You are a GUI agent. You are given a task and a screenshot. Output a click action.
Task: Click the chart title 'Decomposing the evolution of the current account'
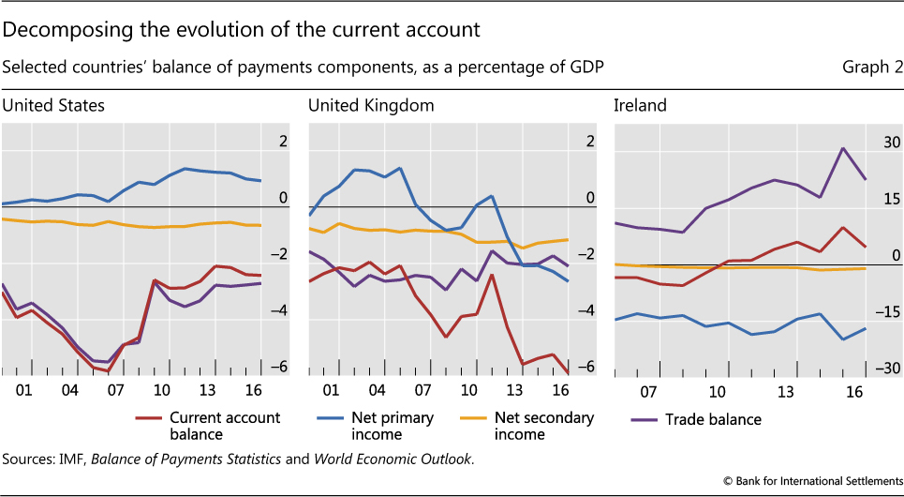242,30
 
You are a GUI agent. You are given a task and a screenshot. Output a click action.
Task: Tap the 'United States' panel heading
52,105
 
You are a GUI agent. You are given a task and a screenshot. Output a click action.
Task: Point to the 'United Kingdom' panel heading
371,105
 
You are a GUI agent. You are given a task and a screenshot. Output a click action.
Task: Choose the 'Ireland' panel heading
640,105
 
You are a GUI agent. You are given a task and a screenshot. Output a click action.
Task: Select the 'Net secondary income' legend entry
543,426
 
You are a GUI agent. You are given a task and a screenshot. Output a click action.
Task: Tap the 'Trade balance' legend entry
714,419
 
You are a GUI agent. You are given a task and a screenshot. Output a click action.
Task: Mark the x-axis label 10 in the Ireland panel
718,390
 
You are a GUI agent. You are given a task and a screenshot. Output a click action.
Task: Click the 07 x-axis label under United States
115,390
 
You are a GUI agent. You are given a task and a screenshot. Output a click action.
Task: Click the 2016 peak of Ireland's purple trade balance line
843,148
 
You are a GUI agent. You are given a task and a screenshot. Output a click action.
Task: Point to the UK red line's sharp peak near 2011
491,274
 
